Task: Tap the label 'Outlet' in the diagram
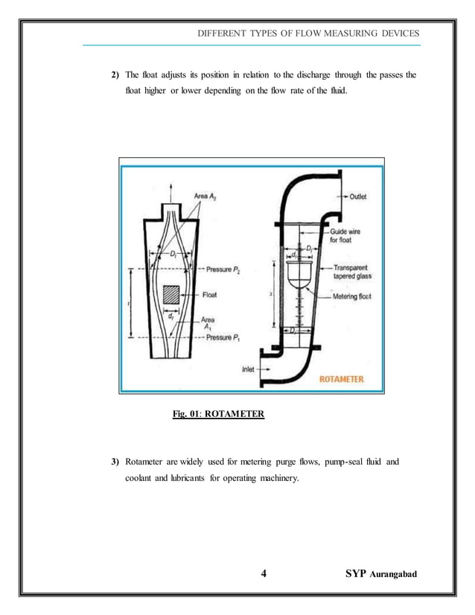coord(363,197)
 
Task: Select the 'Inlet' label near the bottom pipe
coord(249,368)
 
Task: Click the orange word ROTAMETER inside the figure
coord(342,379)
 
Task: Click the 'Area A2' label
coord(211,196)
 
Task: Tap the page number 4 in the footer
coord(264,573)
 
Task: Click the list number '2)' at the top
coord(115,75)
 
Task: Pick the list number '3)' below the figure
coord(115,462)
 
